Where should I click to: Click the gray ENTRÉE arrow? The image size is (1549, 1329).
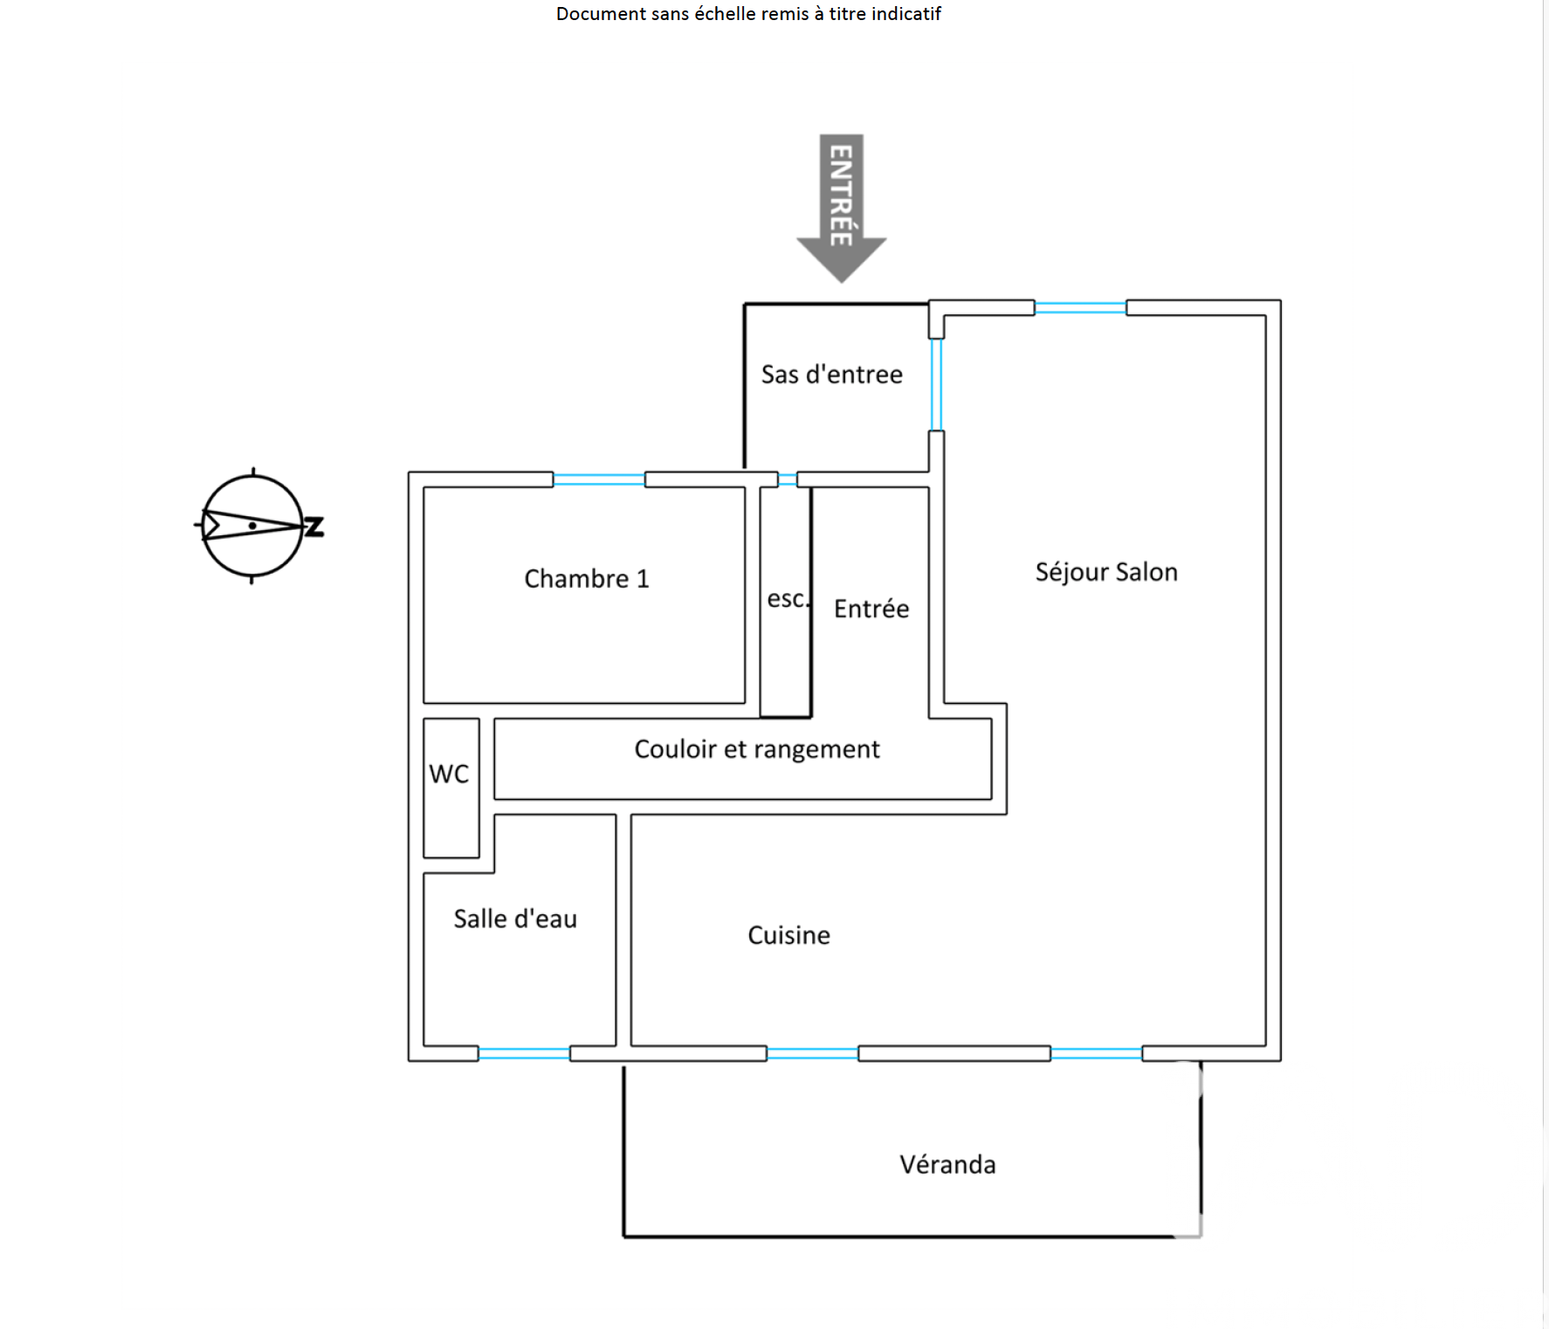click(841, 205)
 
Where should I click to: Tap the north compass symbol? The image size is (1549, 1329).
click(252, 526)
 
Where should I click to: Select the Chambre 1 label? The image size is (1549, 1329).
click(587, 579)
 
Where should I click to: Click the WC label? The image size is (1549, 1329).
click(449, 774)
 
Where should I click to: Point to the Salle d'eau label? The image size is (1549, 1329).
click(515, 919)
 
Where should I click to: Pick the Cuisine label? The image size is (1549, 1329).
click(788, 935)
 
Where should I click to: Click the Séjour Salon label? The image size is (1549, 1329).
click(1106, 572)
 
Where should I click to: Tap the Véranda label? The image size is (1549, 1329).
click(947, 1165)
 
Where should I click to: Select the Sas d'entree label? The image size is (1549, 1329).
click(831, 375)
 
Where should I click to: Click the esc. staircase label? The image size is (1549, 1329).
click(787, 599)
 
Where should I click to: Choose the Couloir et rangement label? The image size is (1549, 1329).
click(757, 749)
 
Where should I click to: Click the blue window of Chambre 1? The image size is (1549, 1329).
click(599, 479)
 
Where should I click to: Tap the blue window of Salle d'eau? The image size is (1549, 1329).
click(524, 1054)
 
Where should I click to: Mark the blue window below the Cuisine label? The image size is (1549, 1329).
click(812, 1054)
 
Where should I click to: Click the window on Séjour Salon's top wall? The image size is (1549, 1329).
click(1080, 307)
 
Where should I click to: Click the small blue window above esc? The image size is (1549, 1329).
click(788, 479)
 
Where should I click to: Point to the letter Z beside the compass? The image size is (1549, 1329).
click(314, 527)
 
